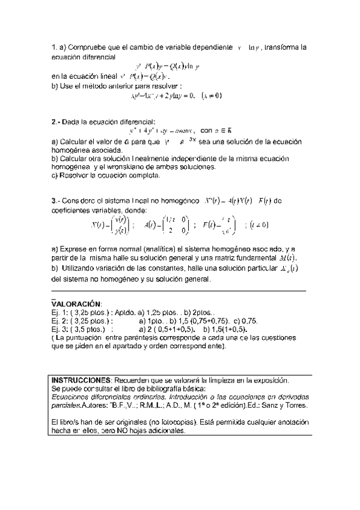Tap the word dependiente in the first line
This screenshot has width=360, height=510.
pos(211,47)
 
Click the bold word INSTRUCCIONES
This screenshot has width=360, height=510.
pos(81,380)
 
